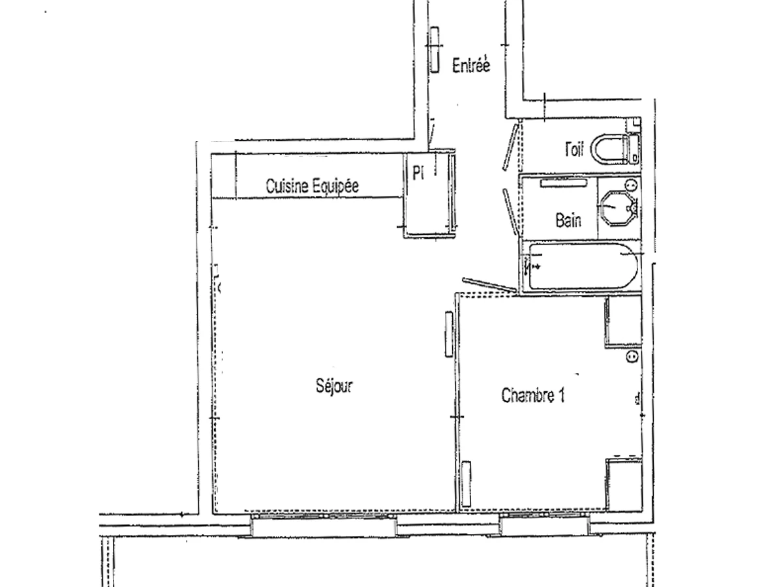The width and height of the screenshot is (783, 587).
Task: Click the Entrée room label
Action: [470, 65]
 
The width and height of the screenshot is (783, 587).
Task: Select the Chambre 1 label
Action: [532, 395]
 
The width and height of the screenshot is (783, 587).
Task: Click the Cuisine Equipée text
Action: [312, 186]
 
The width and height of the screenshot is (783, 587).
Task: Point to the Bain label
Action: [568, 220]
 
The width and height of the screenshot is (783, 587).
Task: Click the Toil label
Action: [574, 151]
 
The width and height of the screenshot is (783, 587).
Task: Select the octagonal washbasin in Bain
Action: [617, 207]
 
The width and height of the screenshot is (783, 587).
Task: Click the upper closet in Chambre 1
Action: [623, 321]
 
